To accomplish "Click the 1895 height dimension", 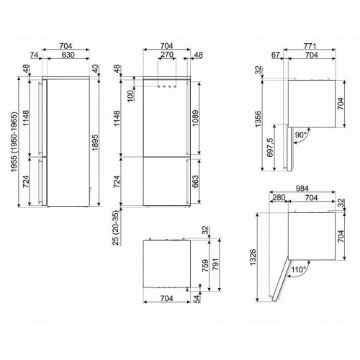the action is coord(95,143).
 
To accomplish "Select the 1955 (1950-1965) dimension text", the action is coord(14,142).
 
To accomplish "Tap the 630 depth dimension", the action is coord(68,55).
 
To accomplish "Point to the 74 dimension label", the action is coord(34,55).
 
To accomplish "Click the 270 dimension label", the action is coord(167,55).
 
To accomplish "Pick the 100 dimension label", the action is coord(131,96).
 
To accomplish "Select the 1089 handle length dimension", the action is coord(195,118).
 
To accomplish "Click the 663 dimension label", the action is coord(195,181).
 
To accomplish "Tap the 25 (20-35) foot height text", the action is coord(116,228).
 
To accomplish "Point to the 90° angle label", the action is coord(301,135).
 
